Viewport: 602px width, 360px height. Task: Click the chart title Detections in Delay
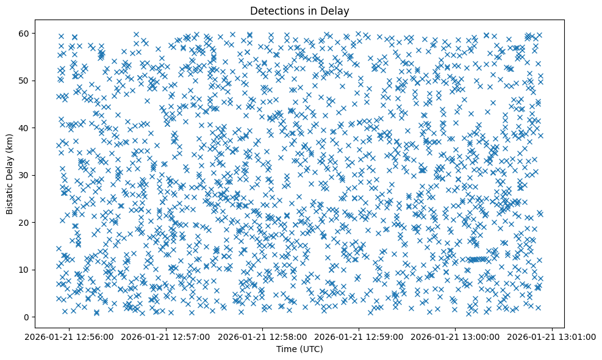coord(299,10)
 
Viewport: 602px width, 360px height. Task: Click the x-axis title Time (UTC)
coord(299,350)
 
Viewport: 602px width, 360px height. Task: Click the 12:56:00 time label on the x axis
coord(69,336)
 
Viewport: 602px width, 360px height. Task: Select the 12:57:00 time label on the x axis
coord(166,336)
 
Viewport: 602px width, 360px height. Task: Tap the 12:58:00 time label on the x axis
coord(263,336)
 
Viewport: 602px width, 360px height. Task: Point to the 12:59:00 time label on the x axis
coord(359,336)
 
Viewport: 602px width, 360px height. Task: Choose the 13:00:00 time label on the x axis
coord(456,336)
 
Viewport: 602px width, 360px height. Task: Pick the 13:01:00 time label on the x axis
coord(553,336)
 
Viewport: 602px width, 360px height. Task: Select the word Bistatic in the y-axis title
coord(10,196)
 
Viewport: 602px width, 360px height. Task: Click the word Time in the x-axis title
coord(287,350)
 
